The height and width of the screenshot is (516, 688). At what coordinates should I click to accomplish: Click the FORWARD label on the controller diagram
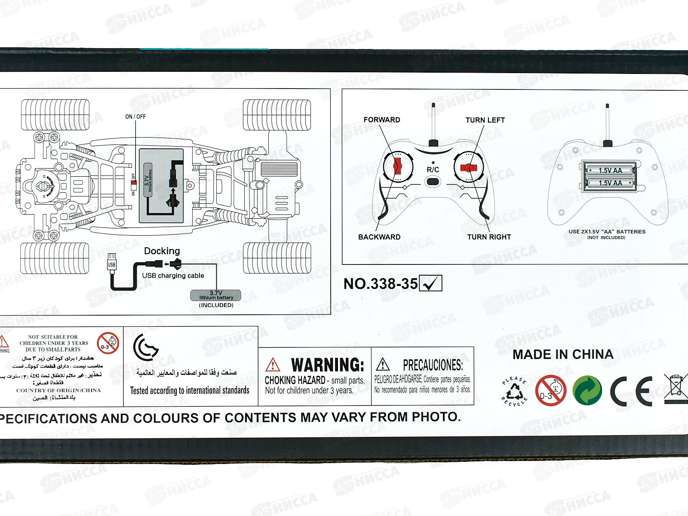pyautogui.click(x=382, y=120)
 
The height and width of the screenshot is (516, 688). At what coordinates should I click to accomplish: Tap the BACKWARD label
pyautogui.click(x=379, y=237)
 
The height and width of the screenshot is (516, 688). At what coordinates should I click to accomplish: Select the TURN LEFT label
pyautogui.click(x=485, y=120)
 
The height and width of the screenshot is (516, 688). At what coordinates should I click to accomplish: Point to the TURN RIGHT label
pyautogui.click(x=489, y=237)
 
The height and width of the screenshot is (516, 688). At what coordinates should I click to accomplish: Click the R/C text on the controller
pyautogui.click(x=433, y=169)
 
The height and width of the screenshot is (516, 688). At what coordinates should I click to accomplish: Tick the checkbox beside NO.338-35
pyautogui.click(x=430, y=283)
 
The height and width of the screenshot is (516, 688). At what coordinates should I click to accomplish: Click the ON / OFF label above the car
pyautogui.click(x=135, y=117)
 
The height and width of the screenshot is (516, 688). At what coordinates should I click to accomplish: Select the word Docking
pyautogui.click(x=162, y=251)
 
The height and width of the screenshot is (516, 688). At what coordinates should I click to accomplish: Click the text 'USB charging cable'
pyautogui.click(x=173, y=276)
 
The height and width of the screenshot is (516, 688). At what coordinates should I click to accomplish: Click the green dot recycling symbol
pyautogui.click(x=587, y=390)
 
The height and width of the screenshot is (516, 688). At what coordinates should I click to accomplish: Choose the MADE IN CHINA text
pyautogui.click(x=563, y=354)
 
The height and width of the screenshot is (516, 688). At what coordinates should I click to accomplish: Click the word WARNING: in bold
pyautogui.click(x=328, y=365)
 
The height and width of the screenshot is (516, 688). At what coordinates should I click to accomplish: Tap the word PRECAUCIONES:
pyautogui.click(x=433, y=365)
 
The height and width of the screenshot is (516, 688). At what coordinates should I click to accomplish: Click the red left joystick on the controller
pyautogui.click(x=397, y=167)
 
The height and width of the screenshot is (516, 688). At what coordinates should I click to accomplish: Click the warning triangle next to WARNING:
pyautogui.click(x=273, y=365)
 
